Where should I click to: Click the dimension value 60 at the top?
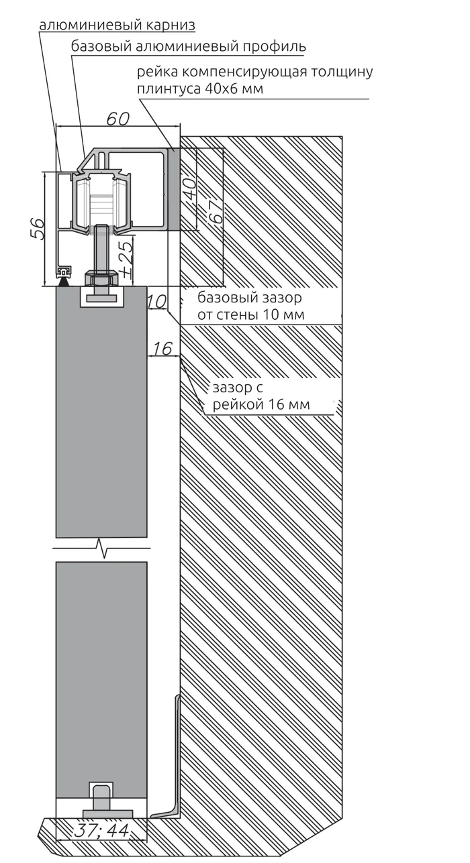117,119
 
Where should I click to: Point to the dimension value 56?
38,229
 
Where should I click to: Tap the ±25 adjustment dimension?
126,257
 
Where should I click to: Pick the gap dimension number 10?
157,302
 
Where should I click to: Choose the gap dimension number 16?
162,349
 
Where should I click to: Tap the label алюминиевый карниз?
117,25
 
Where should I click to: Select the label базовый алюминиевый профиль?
188,46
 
